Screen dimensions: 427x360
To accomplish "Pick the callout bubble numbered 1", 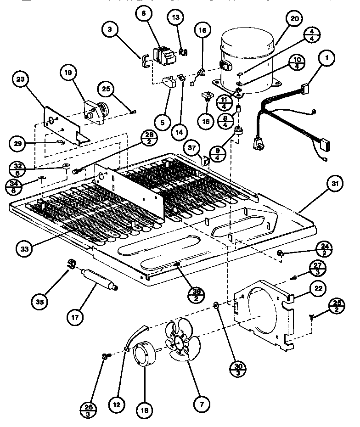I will (327, 59).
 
